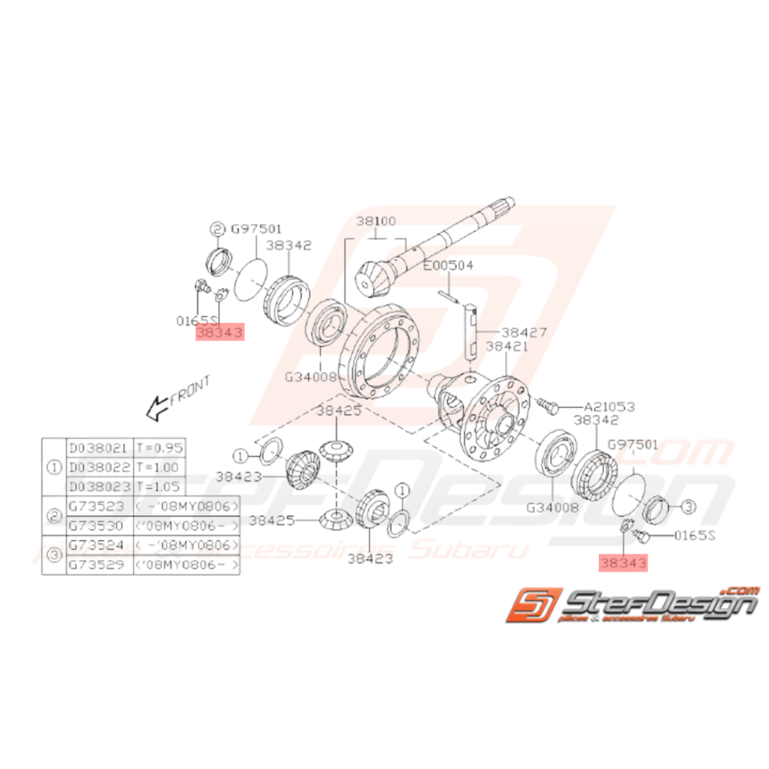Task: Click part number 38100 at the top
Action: click(x=377, y=221)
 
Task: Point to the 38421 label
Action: click(x=507, y=346)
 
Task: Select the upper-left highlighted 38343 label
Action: click(x=220, y=332)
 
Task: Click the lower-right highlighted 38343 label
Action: click(x=624, y=563)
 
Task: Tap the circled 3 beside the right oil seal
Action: click(x=690, y=508)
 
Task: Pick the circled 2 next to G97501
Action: click(x=217, y=229)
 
